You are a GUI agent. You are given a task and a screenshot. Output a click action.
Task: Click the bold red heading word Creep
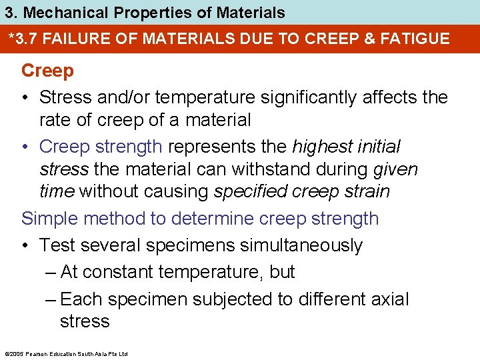point(47,70)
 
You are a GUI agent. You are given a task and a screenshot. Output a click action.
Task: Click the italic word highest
point(323,146)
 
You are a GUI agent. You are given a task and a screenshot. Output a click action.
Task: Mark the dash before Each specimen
point(51,299)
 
